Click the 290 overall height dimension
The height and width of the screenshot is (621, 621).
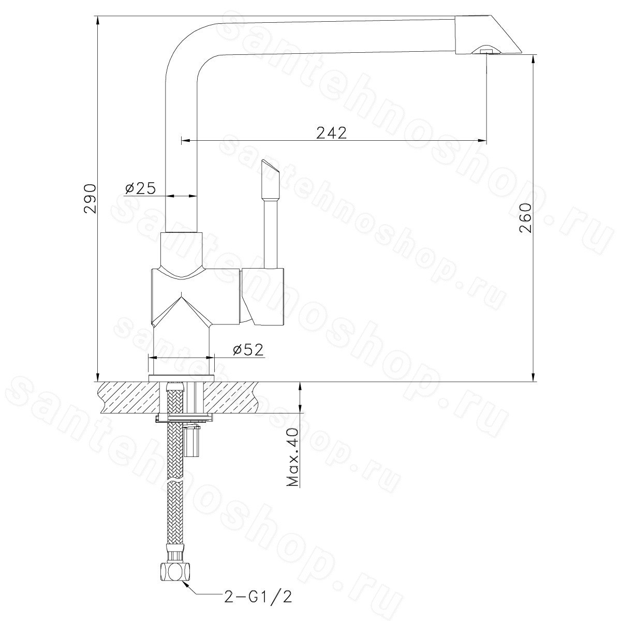pos(90,199)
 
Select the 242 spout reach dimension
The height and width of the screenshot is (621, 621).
pos(331,132)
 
